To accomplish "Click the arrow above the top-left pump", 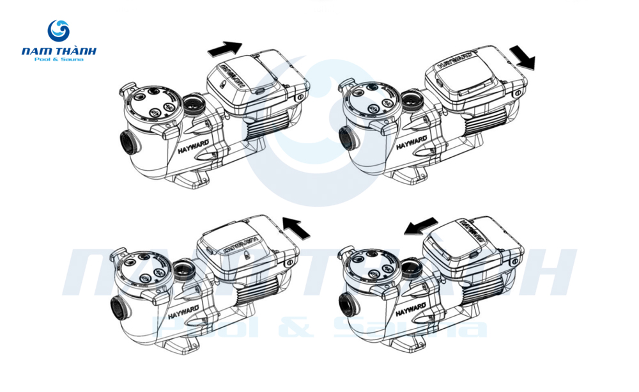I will [224, 49].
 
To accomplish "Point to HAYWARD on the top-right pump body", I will [410, 141].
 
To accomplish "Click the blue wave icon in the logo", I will [59, 31].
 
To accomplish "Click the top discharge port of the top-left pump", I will [193, 103].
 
